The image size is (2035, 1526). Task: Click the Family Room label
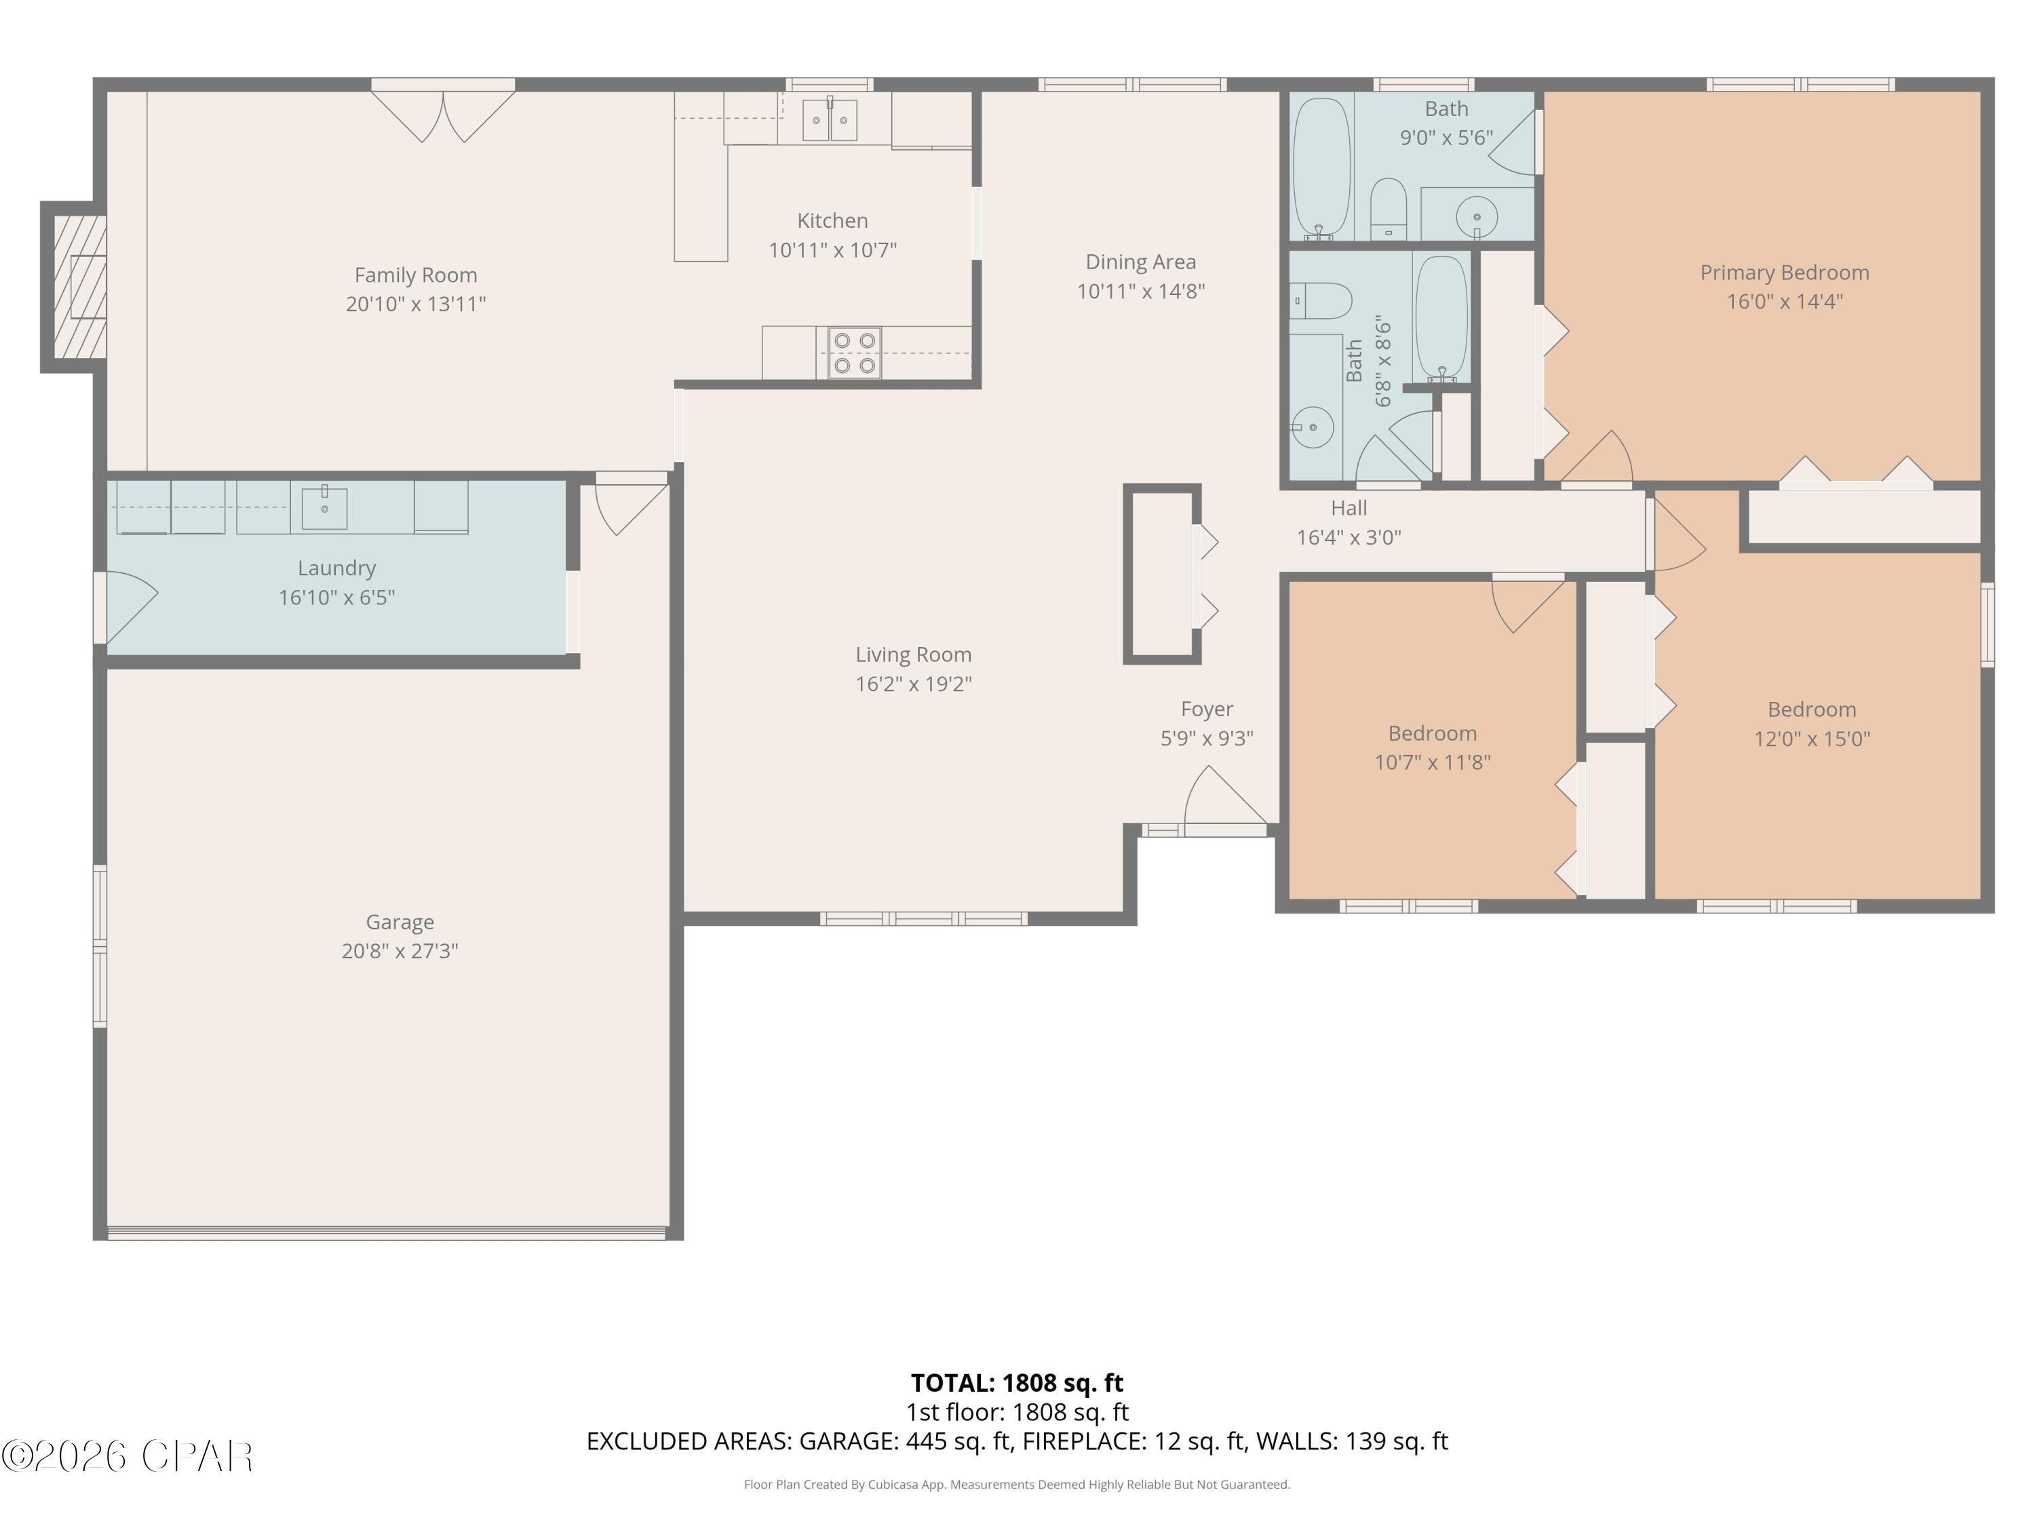point(416,275)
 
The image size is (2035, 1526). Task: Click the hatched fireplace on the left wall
point(78,286)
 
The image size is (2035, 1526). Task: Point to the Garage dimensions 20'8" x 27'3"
point(400,951)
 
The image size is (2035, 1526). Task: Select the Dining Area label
point(1141,262)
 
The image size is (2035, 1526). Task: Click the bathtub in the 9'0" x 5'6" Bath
point(1321,168)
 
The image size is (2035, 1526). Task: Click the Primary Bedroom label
point(1784,272)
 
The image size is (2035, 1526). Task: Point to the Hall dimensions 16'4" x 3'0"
point(1349,537)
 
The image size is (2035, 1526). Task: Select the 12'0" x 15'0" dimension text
point(1811,739)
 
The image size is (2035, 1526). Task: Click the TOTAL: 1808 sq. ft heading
point(1017,1382)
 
